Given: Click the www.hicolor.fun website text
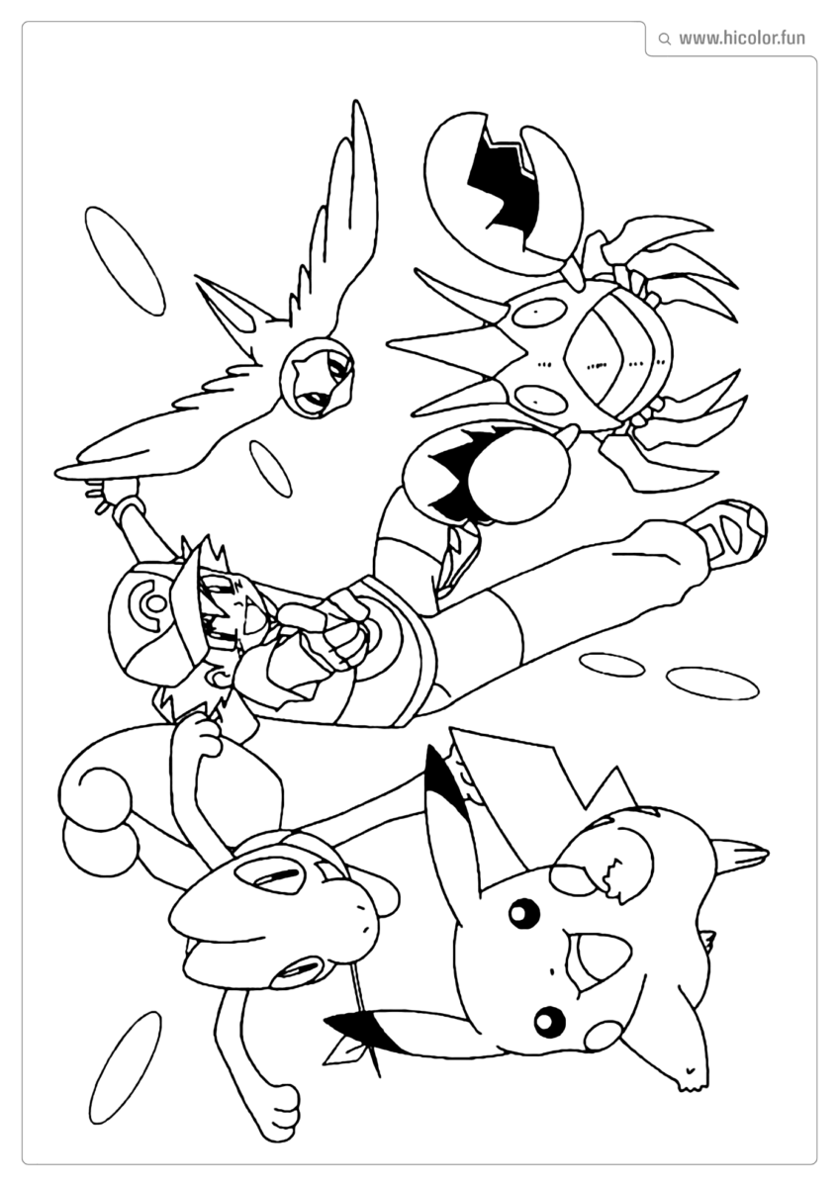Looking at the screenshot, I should click(741, 39).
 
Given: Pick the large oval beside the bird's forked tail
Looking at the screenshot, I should click(125, 260).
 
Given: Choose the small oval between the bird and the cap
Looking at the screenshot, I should click(270, 468).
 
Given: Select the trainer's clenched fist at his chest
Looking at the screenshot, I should click(341, 633).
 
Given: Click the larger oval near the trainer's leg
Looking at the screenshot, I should click(712, 683).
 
